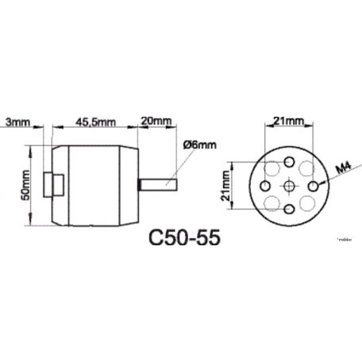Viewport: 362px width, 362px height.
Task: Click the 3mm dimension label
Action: pyautogui.click(x=18, y=122)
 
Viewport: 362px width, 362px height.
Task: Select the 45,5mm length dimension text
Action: pyautogui.click(x=95, y=122)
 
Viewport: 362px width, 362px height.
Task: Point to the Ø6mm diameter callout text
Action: pyautogui.click(x=198, y=145)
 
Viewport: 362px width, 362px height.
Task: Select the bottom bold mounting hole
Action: pyautogui.click(x=289, y=209)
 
